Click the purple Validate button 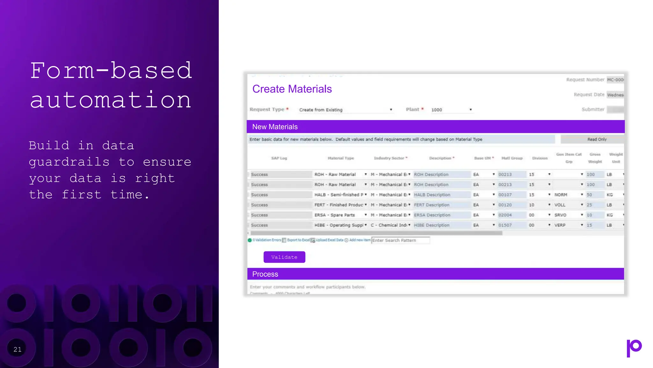click(284, 257)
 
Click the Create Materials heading click(292, 89)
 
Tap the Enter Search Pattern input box click(400, 241)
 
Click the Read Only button click(597, 140)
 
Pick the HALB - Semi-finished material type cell click(340, 195)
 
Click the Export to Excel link click(298, 240)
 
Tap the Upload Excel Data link click(329, 240)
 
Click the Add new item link click(360, 240)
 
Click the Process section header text click(265, 274)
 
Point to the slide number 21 click(18, 349)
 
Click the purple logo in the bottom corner click(634, 348)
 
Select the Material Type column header click(341, 158)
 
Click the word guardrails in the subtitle click(69, 162)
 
